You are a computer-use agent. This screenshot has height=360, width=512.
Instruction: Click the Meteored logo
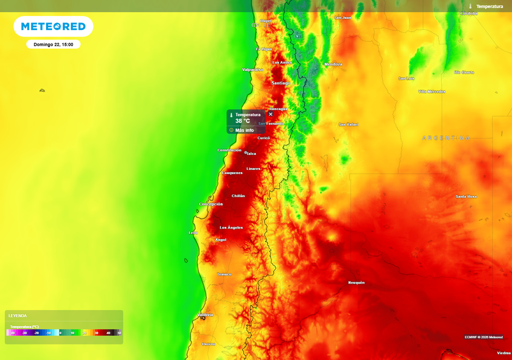point(53,26)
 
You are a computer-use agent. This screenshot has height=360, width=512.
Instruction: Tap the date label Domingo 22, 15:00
point(53,44)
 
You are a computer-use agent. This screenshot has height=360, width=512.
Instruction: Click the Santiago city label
point(280,83)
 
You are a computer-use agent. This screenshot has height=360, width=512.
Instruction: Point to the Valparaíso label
point(252,69)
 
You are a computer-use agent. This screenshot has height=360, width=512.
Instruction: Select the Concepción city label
point(211,204)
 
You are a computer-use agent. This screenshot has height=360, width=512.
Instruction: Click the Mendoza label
point(333,64)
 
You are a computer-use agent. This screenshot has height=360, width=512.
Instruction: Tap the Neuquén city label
point(356,282)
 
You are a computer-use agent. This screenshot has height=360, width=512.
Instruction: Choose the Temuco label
point(224,274)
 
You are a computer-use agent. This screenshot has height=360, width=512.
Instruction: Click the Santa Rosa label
point(466,196)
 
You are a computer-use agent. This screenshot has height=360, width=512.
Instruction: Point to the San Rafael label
point(348,124)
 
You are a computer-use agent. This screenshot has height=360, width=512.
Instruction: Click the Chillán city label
point(238,195)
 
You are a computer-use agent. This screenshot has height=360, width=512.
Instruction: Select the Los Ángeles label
point(231,227)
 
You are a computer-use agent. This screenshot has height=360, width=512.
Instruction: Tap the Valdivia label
point(205,314)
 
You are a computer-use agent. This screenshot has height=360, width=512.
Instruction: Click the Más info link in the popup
point(244,130)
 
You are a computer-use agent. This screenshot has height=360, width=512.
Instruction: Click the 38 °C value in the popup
point(242,121)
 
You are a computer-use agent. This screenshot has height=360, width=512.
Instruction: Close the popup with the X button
point(271,114)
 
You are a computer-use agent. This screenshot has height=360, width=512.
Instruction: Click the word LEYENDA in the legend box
point(17,315)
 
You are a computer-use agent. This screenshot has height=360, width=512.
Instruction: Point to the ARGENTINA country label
point(446,137)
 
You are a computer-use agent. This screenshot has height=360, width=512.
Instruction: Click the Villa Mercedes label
point(431,91)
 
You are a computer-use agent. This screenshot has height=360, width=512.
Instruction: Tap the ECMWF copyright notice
point(483,336)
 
